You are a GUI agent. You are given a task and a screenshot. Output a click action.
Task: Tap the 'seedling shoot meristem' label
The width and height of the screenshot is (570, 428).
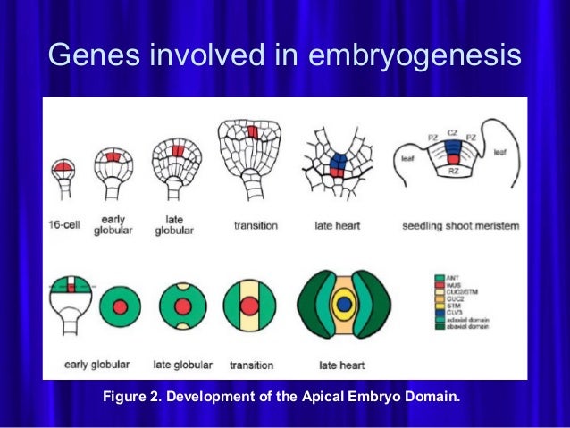coord(462,226)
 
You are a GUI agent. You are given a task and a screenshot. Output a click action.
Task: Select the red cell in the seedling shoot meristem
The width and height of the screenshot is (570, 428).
coord(453,158)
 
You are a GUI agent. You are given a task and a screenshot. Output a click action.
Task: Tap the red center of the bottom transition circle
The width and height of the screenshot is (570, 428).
coord(250,306)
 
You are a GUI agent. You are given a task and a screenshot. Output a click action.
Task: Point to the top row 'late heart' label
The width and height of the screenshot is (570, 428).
coord(336,226)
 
